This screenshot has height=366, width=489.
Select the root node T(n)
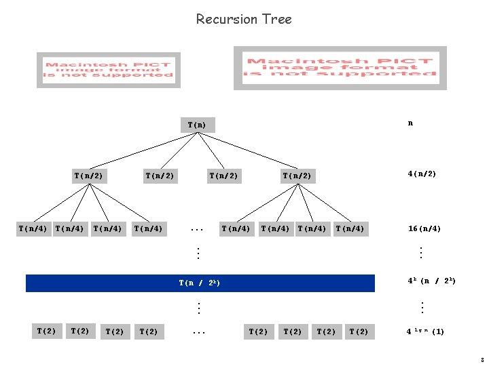point(197,125)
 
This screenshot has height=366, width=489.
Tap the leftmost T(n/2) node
point(88,176)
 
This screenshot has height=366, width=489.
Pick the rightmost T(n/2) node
point(297,176)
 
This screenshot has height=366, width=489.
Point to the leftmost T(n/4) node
point(33,228)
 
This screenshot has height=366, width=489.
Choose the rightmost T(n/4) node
point(350,228)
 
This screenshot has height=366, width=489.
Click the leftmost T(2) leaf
point(46,331)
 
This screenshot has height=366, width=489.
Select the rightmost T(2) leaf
point(360,331)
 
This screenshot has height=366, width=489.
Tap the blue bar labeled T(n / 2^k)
point(200,283)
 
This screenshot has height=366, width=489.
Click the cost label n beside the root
point(410,123)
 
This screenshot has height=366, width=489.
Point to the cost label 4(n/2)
point(422,174)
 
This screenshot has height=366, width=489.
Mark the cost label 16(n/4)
point(424,228)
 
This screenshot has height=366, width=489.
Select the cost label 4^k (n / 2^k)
point(431,280)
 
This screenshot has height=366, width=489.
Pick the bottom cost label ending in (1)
point(425,331)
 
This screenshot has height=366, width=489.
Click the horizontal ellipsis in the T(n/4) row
point(198,229)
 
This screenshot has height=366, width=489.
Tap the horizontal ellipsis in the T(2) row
point(198,332)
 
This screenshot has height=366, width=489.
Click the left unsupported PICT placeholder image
point(109,69)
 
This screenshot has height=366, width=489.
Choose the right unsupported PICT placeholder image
point(340,68)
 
